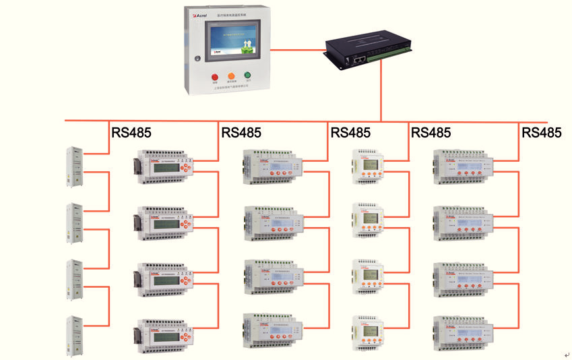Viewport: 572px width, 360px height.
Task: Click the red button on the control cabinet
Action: [215, 76]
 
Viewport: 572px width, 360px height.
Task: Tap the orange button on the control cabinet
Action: [231, 76]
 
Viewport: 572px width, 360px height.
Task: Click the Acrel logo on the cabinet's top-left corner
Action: [200, 14]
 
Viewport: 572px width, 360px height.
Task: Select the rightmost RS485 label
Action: [541, 133]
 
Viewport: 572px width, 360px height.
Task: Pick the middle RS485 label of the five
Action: [350, 133]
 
